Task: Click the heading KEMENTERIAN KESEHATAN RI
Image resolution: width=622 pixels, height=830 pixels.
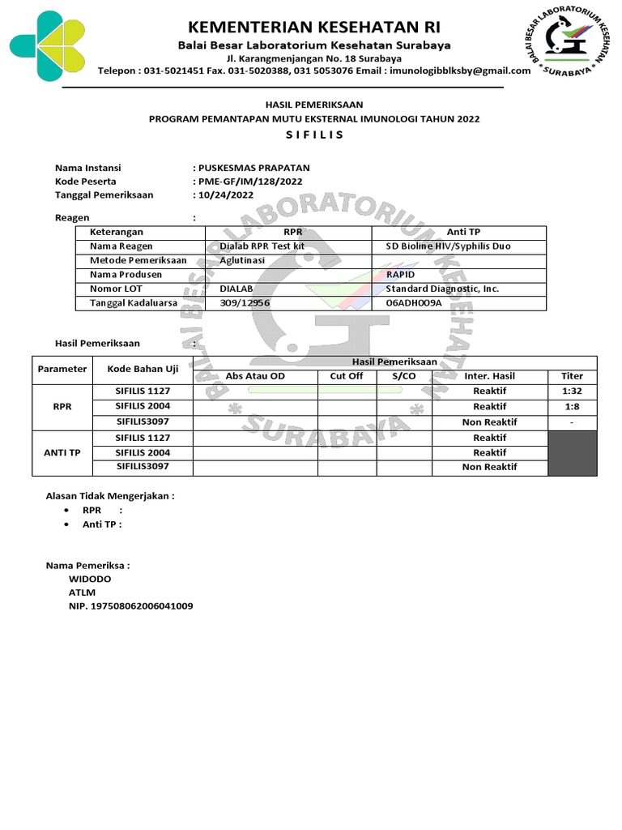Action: (315, 24)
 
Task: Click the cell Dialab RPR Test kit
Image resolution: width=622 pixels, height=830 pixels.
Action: (262, 246)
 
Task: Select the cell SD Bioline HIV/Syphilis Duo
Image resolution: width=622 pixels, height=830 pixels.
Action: (448, 246)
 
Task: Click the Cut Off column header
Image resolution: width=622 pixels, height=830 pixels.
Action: (346, 376)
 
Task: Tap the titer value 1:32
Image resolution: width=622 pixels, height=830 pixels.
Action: (571, 391)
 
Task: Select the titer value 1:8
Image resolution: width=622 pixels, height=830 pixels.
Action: (571, 407)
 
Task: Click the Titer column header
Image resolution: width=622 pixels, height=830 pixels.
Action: (571, 376)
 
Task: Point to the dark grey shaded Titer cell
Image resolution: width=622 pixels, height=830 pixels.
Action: (572, 453)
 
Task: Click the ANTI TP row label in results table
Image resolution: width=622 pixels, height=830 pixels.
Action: (62, 453)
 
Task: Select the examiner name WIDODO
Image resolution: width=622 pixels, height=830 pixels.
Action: (91, 580)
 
